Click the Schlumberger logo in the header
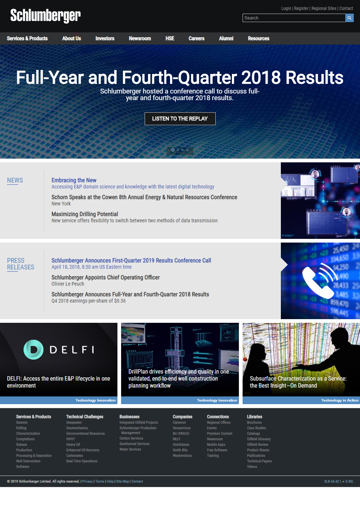pyautogui.click(x=46, y=16)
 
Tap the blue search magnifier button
pyautogui.click(x=349, y=18)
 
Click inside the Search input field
pyautogui.click(x=294, y=18)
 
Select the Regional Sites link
pyautogui.click(x=324, y=8)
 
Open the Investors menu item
pyautogui.click(x=105, y=38)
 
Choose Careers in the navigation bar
pyautogui.click(x=196, y=38)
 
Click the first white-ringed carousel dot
pyautogui.click(x=173, y=150)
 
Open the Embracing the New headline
pyautogui.click(x=74, y=180)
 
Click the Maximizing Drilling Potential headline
pyautogui.click(x=85, y=214)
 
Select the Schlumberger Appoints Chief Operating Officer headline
pyautogui.click(x=106, y=277)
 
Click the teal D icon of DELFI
pyautogui.click(x=33, y=349)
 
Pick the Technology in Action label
pyautogui.click(x=340, y=400)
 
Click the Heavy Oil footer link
pyautogui.click(x=73, y=444)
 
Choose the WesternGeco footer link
pyautogui.click(x=182, y=455)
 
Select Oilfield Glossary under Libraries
pyautogui.click(x=258, y=439)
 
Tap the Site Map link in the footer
pyautogui.click(x=123, y=481)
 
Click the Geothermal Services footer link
pyautogui.click(x=134, y=444)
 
